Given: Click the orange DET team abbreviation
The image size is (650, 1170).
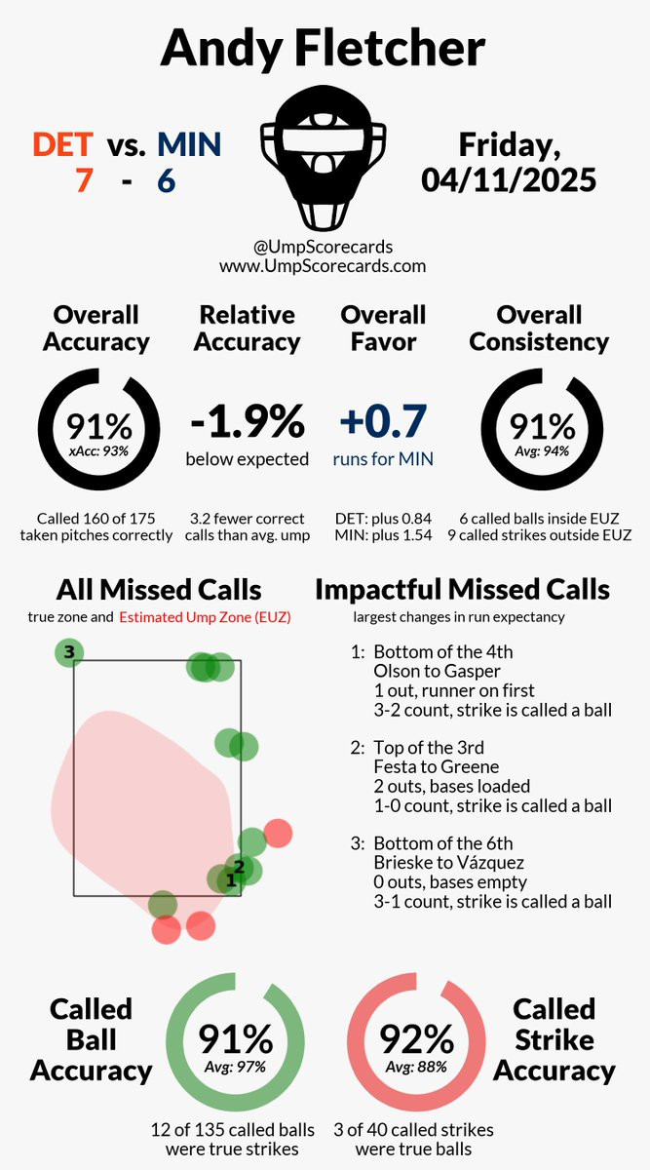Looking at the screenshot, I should click(x=63, y=145).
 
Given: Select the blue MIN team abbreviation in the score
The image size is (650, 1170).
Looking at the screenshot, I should click(x=189, y=145).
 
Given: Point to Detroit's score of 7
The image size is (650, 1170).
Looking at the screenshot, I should click(x=85, y=181).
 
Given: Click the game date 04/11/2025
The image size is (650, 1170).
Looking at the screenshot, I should click(x=509, y=179).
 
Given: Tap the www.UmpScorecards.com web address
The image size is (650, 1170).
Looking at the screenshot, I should click(x=323, y=264).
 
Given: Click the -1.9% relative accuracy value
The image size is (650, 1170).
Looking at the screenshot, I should click(x=247, y=422).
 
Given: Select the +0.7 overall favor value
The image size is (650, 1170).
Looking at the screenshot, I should click(x=383, y=422).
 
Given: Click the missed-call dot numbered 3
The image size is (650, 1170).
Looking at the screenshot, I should click(x=68, y=652).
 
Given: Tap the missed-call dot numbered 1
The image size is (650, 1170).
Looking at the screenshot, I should click(x=229, y=879).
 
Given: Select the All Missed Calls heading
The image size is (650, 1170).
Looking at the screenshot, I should click(x=158, y=590).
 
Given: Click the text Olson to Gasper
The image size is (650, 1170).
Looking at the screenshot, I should click(x=424, y=671).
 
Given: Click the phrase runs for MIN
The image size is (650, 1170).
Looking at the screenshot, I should click(x=383, y=458).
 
